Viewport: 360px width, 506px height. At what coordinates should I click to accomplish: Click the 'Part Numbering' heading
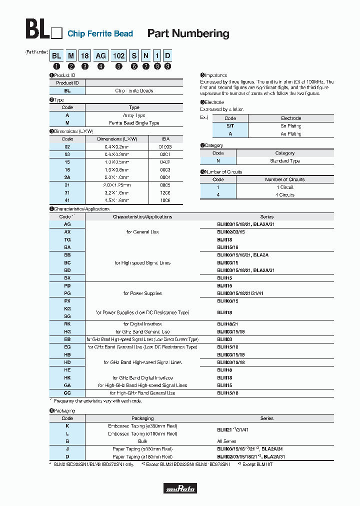(188, 33)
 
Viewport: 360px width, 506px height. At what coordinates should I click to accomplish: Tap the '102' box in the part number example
(119, 56)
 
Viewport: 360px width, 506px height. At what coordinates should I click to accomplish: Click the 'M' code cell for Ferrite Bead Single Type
(67, 122)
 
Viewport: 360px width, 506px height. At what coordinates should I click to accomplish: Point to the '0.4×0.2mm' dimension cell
(116, 147)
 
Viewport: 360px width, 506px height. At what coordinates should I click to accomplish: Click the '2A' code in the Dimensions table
(67, 177)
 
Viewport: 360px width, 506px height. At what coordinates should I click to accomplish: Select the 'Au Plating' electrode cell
(290, 134)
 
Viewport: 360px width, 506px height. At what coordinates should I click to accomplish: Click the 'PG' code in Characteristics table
(67, 293)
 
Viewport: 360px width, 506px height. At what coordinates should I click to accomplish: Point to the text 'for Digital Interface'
(142, 324)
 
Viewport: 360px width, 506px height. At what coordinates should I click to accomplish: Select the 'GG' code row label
(67, 393)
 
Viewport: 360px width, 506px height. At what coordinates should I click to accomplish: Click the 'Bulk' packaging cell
(142, 441)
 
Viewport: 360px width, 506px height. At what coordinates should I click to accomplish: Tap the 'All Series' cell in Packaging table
(226, 441)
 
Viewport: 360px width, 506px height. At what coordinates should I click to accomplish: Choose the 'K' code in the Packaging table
(67, 426)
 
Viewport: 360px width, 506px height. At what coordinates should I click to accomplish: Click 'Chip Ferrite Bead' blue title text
(100, 34)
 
